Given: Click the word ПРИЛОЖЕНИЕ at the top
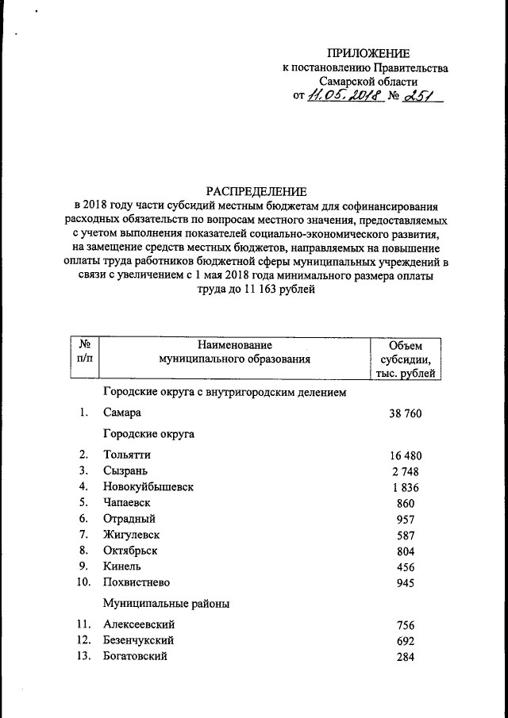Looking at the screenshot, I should [x=371, y=54].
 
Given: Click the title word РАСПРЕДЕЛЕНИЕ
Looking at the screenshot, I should [x=256, y=191].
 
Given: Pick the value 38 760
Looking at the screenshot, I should [x=406, y=413].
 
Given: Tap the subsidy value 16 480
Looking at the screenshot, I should [x=406, y=455].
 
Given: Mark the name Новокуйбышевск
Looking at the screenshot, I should [x=148, y=486].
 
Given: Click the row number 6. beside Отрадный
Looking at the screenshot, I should [x=83, y=518].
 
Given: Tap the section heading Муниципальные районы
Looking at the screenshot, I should [x=167, y=604].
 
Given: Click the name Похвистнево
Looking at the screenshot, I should [x=136, y=582].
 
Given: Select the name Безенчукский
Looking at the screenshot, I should [x=139, y=640].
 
